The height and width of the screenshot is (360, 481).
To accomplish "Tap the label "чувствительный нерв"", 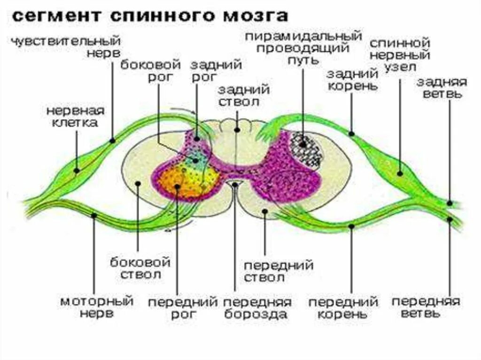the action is [x=66, y=47].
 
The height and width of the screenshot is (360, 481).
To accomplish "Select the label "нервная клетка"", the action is [x=75, y=117].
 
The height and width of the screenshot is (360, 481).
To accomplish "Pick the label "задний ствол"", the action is [x=243, y=95].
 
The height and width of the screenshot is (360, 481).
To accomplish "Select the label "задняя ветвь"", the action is [x=442, y=88].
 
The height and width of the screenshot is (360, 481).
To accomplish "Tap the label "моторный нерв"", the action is [x=96, y=306].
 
